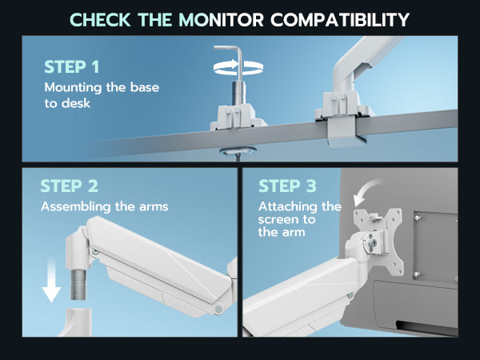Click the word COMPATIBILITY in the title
point(340,19)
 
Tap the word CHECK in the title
point(101,19)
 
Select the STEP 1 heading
point(72,67)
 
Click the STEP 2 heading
point(69,186)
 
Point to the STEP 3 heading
point(287,186)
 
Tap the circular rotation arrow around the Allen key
point(238,67)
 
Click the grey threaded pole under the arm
point(79,284)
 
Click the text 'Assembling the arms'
point(105,206)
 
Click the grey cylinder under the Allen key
point(239,94)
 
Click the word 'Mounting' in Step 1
point(73,88)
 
